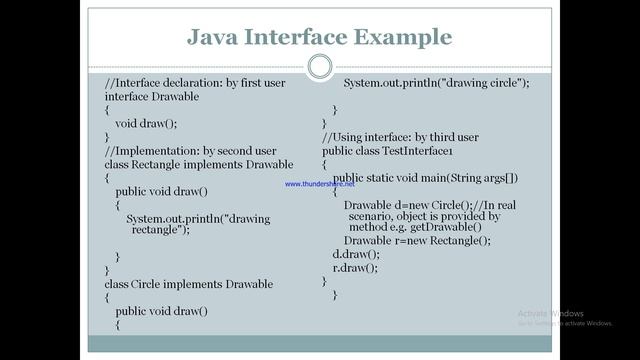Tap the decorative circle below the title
(320, 67)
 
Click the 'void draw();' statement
(159, 123)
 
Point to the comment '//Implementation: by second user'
(190, 150)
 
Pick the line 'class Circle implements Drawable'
(188, 284)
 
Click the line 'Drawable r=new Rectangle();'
(417, 241)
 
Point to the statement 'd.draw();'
(356, 254)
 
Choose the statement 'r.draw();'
(355, 267)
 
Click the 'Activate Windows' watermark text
(551, 313)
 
